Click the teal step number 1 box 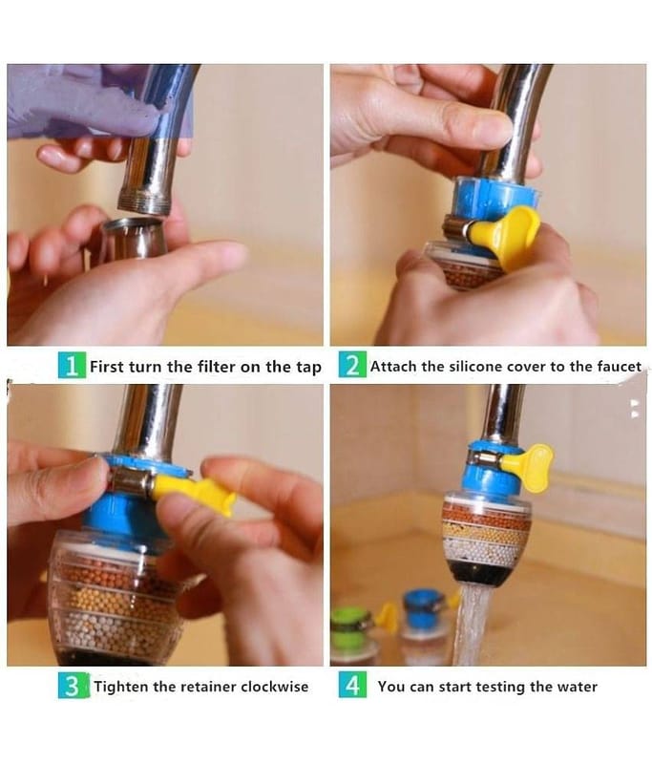click(x=72, y=366)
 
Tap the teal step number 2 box click(x=352, y=366)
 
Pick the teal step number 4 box click(x=352, y=685)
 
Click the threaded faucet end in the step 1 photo click(x=144, y=202)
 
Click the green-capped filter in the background click(x=353, y=633)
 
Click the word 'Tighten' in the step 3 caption click(x=121, y=687)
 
